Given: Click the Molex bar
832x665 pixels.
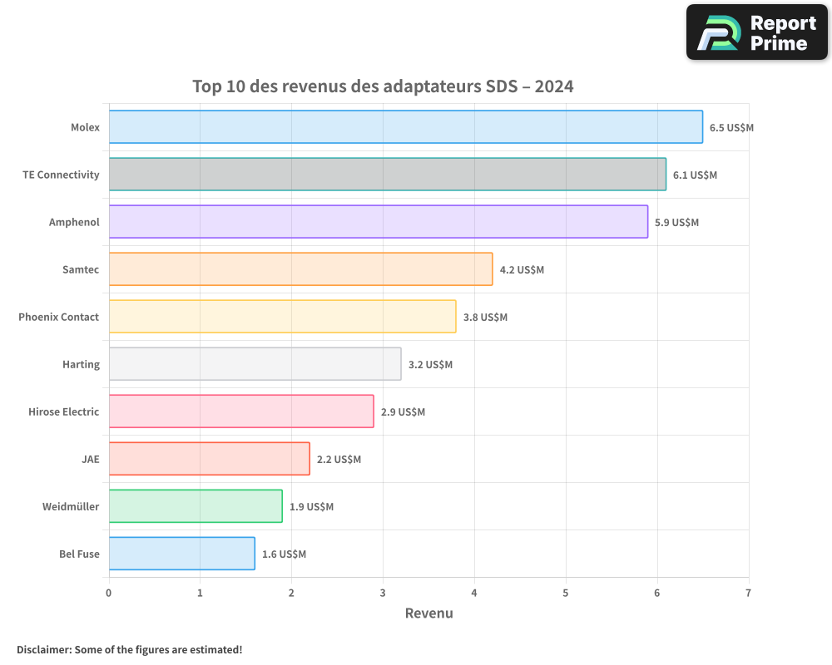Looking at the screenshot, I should [405, 127].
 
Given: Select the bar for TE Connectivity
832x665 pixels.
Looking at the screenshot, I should [387, 175].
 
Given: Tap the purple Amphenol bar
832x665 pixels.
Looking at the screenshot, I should [378, 222].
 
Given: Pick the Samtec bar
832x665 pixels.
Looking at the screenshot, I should [300, 269].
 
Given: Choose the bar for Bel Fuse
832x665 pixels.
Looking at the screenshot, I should [181, 554].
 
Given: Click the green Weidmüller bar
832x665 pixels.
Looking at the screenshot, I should [196, 506].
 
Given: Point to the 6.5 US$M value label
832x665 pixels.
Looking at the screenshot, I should [731, 128].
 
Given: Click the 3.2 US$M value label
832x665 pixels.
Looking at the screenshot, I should [430, 365].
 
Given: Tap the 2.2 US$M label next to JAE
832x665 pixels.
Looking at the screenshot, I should [339, 460].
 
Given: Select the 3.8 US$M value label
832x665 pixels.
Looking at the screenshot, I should [485, 318].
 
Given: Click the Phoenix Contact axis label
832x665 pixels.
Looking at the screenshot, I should [58, 317].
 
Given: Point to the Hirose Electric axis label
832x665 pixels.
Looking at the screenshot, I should [63, 411].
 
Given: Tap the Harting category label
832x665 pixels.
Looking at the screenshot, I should [81, 364].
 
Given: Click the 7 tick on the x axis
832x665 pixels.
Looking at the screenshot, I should [748, 593].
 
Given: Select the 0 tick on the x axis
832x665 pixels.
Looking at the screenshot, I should [109, 593].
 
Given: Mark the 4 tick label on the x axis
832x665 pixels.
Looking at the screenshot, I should [474, 593].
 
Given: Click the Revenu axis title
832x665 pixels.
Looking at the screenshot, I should [428, 613].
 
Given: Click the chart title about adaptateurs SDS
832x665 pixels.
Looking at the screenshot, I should [383, 86].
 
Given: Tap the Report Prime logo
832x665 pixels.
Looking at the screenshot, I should [756, 32].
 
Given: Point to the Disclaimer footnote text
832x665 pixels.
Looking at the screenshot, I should [129, 649].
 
